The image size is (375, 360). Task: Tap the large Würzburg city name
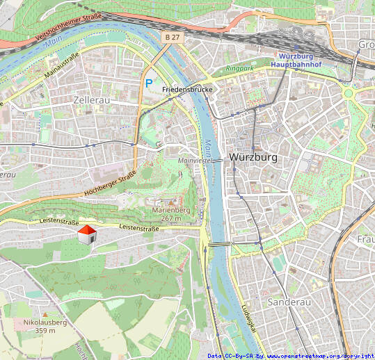253,157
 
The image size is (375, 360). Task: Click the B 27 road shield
173,35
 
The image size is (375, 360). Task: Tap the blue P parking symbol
148,83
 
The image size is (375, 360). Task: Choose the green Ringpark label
241,69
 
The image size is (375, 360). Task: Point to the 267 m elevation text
170,218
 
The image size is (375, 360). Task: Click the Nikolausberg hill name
45,322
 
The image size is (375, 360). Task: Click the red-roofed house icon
86,235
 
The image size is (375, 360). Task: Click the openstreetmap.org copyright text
321,356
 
